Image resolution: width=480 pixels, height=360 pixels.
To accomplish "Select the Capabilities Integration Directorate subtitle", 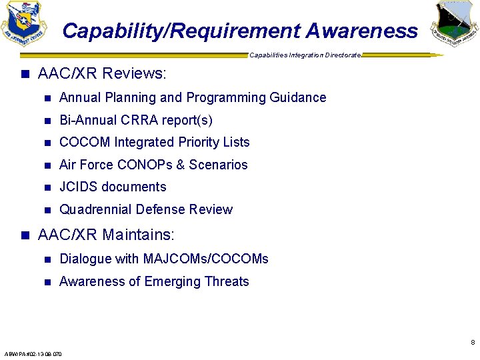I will coord(305,55).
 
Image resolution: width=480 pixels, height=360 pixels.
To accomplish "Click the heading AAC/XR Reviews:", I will coord(102,73).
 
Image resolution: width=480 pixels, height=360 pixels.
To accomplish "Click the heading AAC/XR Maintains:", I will coord(107,235).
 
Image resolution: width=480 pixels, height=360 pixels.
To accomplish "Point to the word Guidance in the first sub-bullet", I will coord(298,97).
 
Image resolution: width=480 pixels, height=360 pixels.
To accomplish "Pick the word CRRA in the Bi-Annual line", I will coord(139,120).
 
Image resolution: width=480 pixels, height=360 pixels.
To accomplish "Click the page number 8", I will coord(472,343).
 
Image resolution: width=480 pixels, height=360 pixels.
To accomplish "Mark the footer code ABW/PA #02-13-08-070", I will coord(33,354).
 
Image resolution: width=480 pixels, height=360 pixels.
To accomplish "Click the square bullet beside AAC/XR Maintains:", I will coord(26,235).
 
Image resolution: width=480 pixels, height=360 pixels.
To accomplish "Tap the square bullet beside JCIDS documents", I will coord(47,187).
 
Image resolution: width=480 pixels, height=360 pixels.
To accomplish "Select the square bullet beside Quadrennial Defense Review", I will coord(47,210).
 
